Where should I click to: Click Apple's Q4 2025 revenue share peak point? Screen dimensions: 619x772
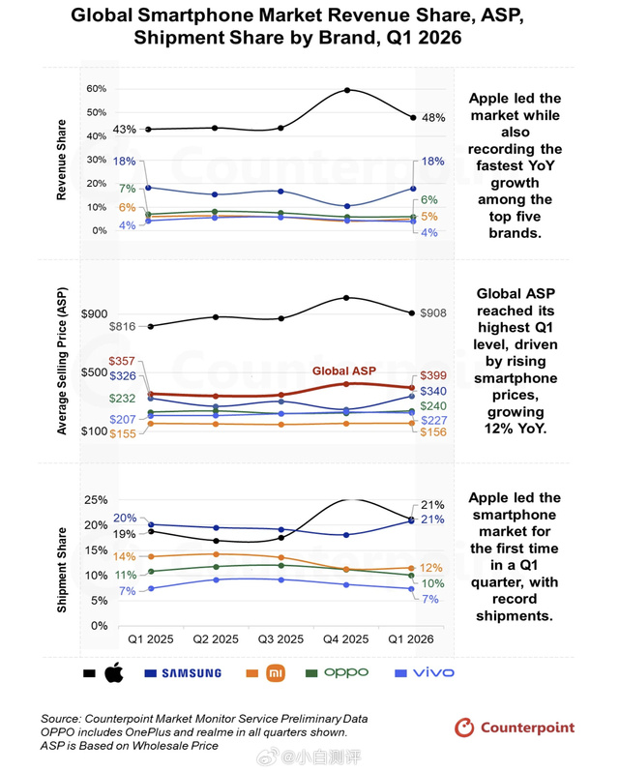click(x=347, y=90)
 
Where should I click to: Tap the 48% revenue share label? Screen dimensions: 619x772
click(x=433, y=118)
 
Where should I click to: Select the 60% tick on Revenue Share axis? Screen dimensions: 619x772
click(x=97, y=89)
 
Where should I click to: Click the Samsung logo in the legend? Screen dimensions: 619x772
click(x=192, y=673)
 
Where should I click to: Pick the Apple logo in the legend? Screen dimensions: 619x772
click(x=114, y=672)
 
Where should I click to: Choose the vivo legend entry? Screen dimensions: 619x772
click(x=425, y=672)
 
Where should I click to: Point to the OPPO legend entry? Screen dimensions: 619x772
click(x=337, y=672)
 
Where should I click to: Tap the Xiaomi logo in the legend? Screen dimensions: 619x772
click(x=276, y=673)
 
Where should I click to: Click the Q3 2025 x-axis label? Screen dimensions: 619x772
click(x=280, y=639)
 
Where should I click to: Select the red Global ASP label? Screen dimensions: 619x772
click(x=344, y=371)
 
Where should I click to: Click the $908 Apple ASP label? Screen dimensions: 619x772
click(x=433, y=313)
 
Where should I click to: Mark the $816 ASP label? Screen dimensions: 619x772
click(x=123, y=326)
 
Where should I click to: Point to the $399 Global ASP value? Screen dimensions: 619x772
click(x=433, y=375)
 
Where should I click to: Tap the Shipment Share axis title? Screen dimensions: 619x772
click(x=62, y=570)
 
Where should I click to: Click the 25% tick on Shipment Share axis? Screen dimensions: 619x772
click(x=96, y=500)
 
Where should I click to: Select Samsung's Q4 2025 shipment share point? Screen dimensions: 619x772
click(x=346, y=535)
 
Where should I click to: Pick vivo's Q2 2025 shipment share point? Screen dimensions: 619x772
click(x=216, y=579)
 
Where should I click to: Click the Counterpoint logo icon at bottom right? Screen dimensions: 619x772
click(x=464, y=727)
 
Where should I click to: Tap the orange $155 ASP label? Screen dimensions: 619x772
click(x=123, y=433)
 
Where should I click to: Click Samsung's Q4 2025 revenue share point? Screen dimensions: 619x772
click(x=347, y=206)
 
